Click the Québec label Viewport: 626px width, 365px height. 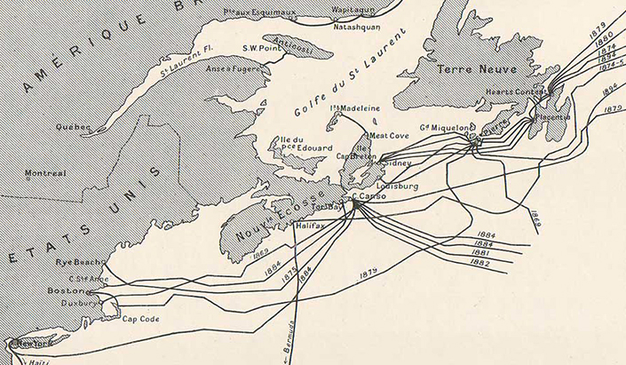[72, 127]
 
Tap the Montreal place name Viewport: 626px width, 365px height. [45, 174]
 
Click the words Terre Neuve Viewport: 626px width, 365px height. [471, 67]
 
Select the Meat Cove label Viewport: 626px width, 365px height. [387, 136]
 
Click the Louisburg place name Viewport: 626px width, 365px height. [398, 186]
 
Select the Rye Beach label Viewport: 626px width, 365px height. [75, 262]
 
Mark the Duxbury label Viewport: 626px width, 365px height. [76, 302]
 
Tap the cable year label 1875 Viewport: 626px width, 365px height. [288, 276]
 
